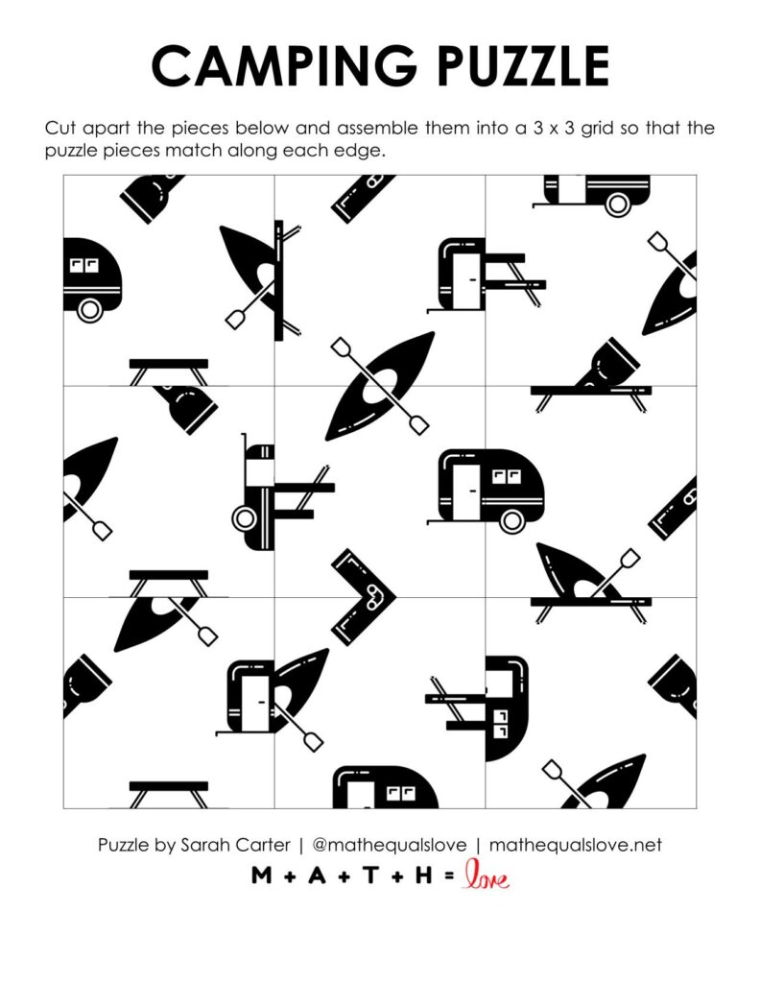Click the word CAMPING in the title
[262, 67]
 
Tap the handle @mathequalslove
[390, 846]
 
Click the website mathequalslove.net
[575, 846]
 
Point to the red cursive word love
[486, 875]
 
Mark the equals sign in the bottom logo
[448, 875]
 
